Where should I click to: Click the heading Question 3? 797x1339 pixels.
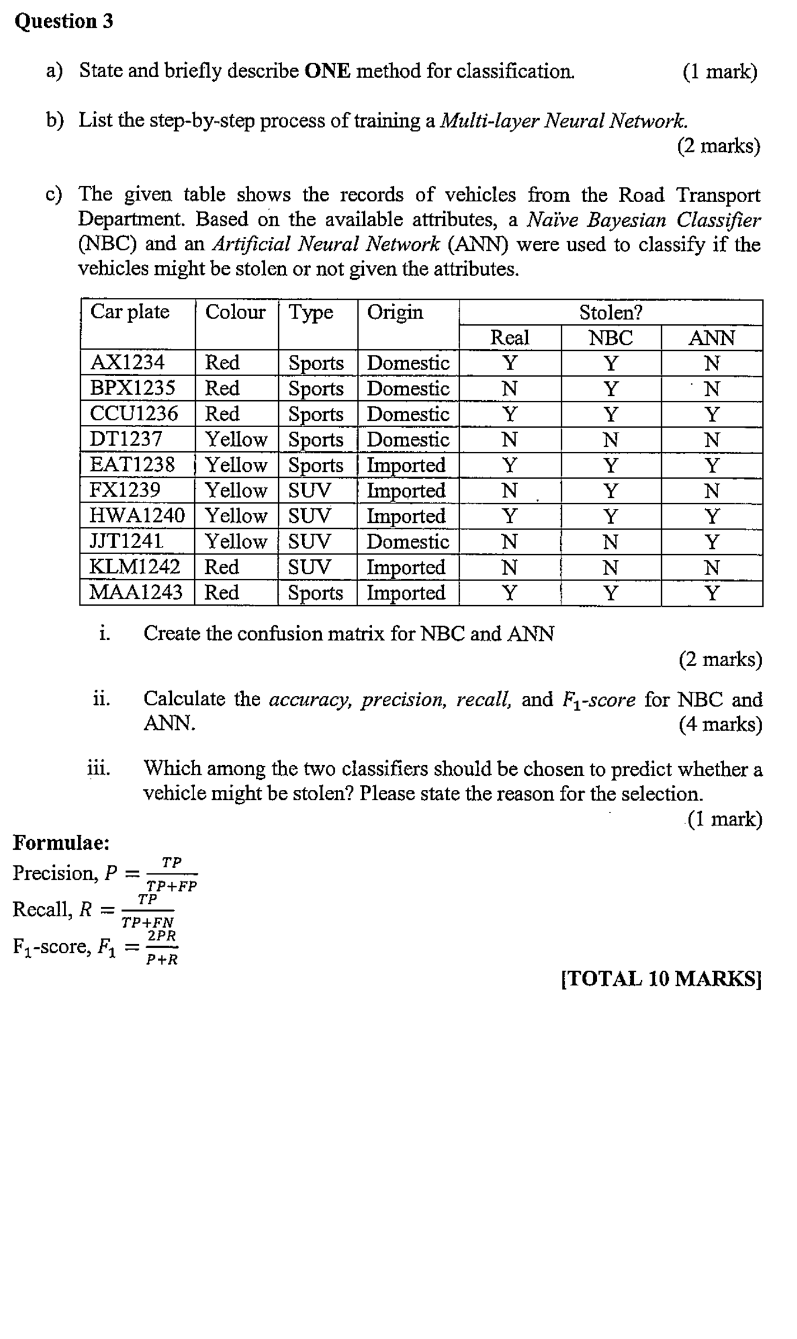point(64,21)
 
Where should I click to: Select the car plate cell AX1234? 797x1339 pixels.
point(127,362)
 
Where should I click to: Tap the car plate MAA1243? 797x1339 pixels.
point(136,592)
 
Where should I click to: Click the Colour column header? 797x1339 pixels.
point(235,312)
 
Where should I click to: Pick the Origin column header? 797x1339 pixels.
point(395,312)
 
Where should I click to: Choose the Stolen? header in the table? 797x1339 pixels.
point(610,312)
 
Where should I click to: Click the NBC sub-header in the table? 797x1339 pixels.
point(611,338)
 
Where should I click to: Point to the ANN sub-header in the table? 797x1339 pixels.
point(711,338)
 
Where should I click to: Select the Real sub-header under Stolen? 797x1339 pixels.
point(509,338)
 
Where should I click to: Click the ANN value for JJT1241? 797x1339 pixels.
point(711,541)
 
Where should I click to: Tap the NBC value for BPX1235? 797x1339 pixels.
point(611,388)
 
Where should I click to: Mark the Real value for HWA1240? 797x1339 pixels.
point(509,516)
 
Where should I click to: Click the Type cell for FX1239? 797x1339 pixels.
point(309,490)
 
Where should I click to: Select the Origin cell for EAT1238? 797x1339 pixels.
point(406,465)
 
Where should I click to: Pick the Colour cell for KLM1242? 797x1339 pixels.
point(222,566)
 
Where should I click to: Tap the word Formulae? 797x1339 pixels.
point(61,842)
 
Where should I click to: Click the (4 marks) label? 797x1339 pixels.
point(720,724)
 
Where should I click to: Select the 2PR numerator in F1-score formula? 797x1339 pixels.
point(162,935)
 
